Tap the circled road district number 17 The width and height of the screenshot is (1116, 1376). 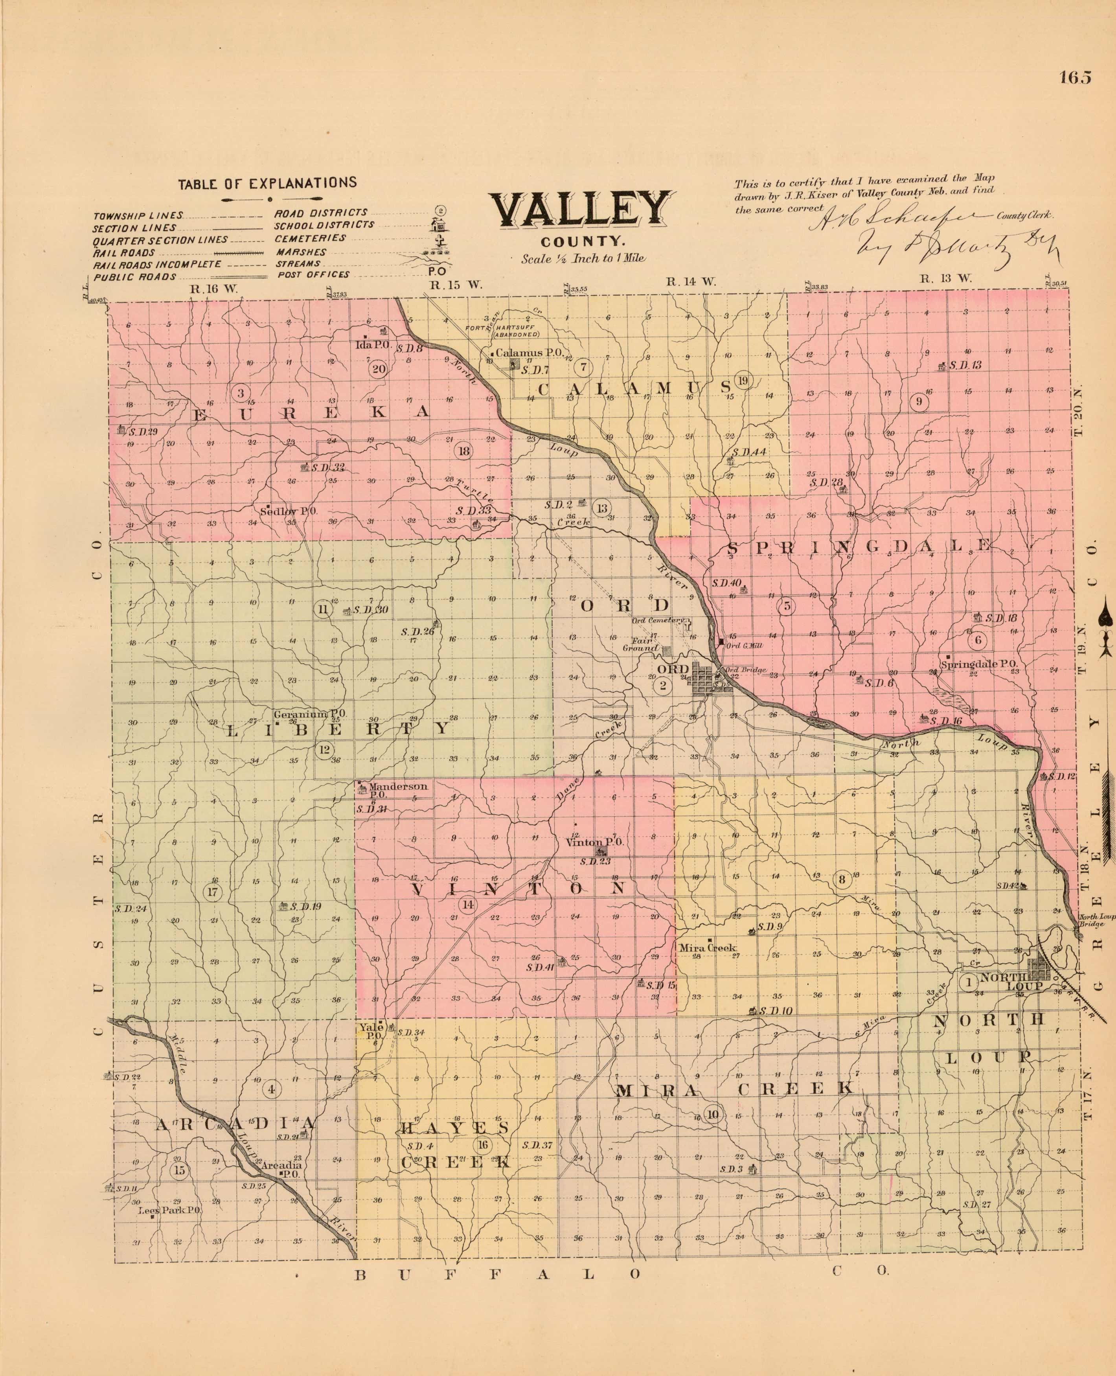click(x=213, y=891)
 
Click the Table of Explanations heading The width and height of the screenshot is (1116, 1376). click(x=267, y=182)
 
